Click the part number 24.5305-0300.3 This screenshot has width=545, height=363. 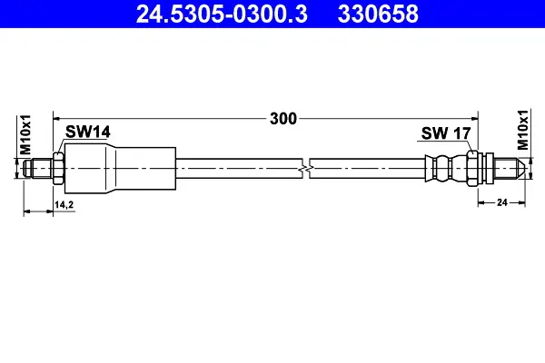(222, 15)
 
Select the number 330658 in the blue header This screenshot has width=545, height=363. (378, 15)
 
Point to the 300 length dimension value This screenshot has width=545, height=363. (283, 119)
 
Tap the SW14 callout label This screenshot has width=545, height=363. (87, 132)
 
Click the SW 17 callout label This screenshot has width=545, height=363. (446, 133)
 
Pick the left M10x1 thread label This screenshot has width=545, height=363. (25, 135)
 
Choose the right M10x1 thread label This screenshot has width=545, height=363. (522, 130)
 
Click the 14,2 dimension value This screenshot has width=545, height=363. (64, 205)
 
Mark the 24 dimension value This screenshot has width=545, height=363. (502, 202)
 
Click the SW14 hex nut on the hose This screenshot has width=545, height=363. (58, 169)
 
